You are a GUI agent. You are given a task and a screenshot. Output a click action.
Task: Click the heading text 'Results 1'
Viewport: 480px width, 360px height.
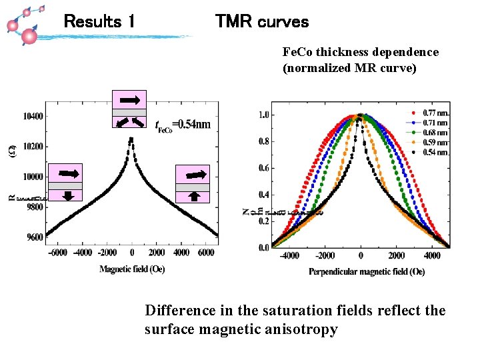[99, 22]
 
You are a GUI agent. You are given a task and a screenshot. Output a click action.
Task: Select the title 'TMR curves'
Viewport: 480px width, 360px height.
[262, 22]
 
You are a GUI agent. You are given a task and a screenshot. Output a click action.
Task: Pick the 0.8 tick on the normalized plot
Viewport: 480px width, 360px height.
[263, 141]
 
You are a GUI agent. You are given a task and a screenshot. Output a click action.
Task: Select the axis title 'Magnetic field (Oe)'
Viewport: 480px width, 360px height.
[132, 269]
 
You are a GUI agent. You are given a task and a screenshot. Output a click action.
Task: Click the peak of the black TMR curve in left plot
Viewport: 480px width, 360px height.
[131, 139]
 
